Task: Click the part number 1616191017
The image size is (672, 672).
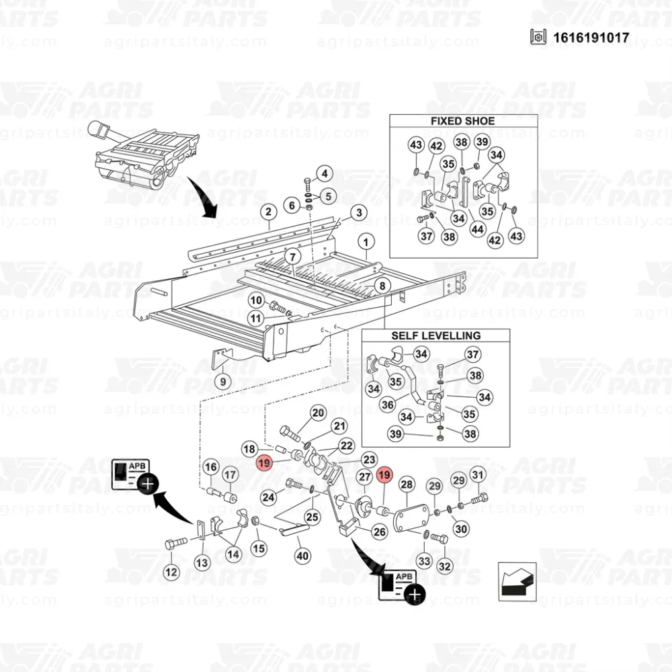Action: coord(591,38)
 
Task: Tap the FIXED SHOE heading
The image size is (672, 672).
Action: coord(462,121)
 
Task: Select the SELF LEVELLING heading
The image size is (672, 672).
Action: coord(436,335)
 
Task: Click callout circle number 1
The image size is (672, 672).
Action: coord(366,242)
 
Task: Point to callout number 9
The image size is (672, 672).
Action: coord(223,382)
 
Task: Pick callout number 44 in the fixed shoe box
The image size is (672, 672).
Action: coord(477,229)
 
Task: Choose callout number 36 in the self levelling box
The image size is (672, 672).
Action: coord(388,405)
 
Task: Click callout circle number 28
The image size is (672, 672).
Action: coord(407,485)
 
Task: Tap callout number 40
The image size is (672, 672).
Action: coord(302,556)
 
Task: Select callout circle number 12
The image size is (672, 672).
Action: coord(171,572)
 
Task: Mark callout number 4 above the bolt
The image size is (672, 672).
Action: coord(325,173)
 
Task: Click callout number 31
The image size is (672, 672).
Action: coord(477,475)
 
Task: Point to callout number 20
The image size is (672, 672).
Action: coord(318,413)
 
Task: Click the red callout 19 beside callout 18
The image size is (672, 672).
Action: coord(264,463)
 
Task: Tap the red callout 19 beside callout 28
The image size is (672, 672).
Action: coord(384,475)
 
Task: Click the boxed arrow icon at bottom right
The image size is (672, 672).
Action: coord(517,582)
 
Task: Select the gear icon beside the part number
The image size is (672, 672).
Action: coord(538,37)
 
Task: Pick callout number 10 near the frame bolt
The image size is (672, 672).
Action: coord(256,300)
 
